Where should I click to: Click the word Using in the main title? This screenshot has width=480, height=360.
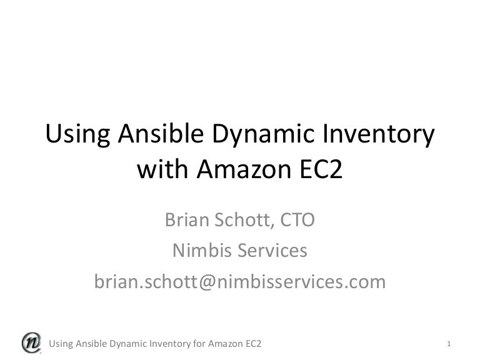pyautogui.click(x=77, y=134)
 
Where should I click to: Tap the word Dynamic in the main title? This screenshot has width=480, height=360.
pyautogui.click(x=263, y=134)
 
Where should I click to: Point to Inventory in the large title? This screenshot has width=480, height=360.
pyautogui.click(x=379, y=135)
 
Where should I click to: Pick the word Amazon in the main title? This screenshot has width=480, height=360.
pyautogui.click(x=244, y=169)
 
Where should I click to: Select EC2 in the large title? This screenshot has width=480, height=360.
pyautogui.click(x=321, y=169)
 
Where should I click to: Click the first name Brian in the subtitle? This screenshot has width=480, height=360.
pyautogui.click(x=187, y=219)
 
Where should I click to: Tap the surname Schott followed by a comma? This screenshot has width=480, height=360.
pyautogui.click(x=244, y=220)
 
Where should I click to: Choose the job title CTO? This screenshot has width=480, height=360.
pyautogui.click(x=297, y=220)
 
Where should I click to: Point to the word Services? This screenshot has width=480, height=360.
pyautogui.click(x=272, y=251)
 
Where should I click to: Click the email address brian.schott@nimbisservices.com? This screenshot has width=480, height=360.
pyautogui.click(x=240, y=282)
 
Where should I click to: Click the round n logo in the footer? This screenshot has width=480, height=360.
pyautogui.click(x=31, y=342)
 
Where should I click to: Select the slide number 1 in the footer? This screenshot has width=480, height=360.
pyautogui.click(x=449, y=344)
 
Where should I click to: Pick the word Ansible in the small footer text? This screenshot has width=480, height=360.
pyautogui.click(x=91, y=344)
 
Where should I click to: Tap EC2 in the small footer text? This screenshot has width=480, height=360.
pyautogui.click(x=254, y=344)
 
